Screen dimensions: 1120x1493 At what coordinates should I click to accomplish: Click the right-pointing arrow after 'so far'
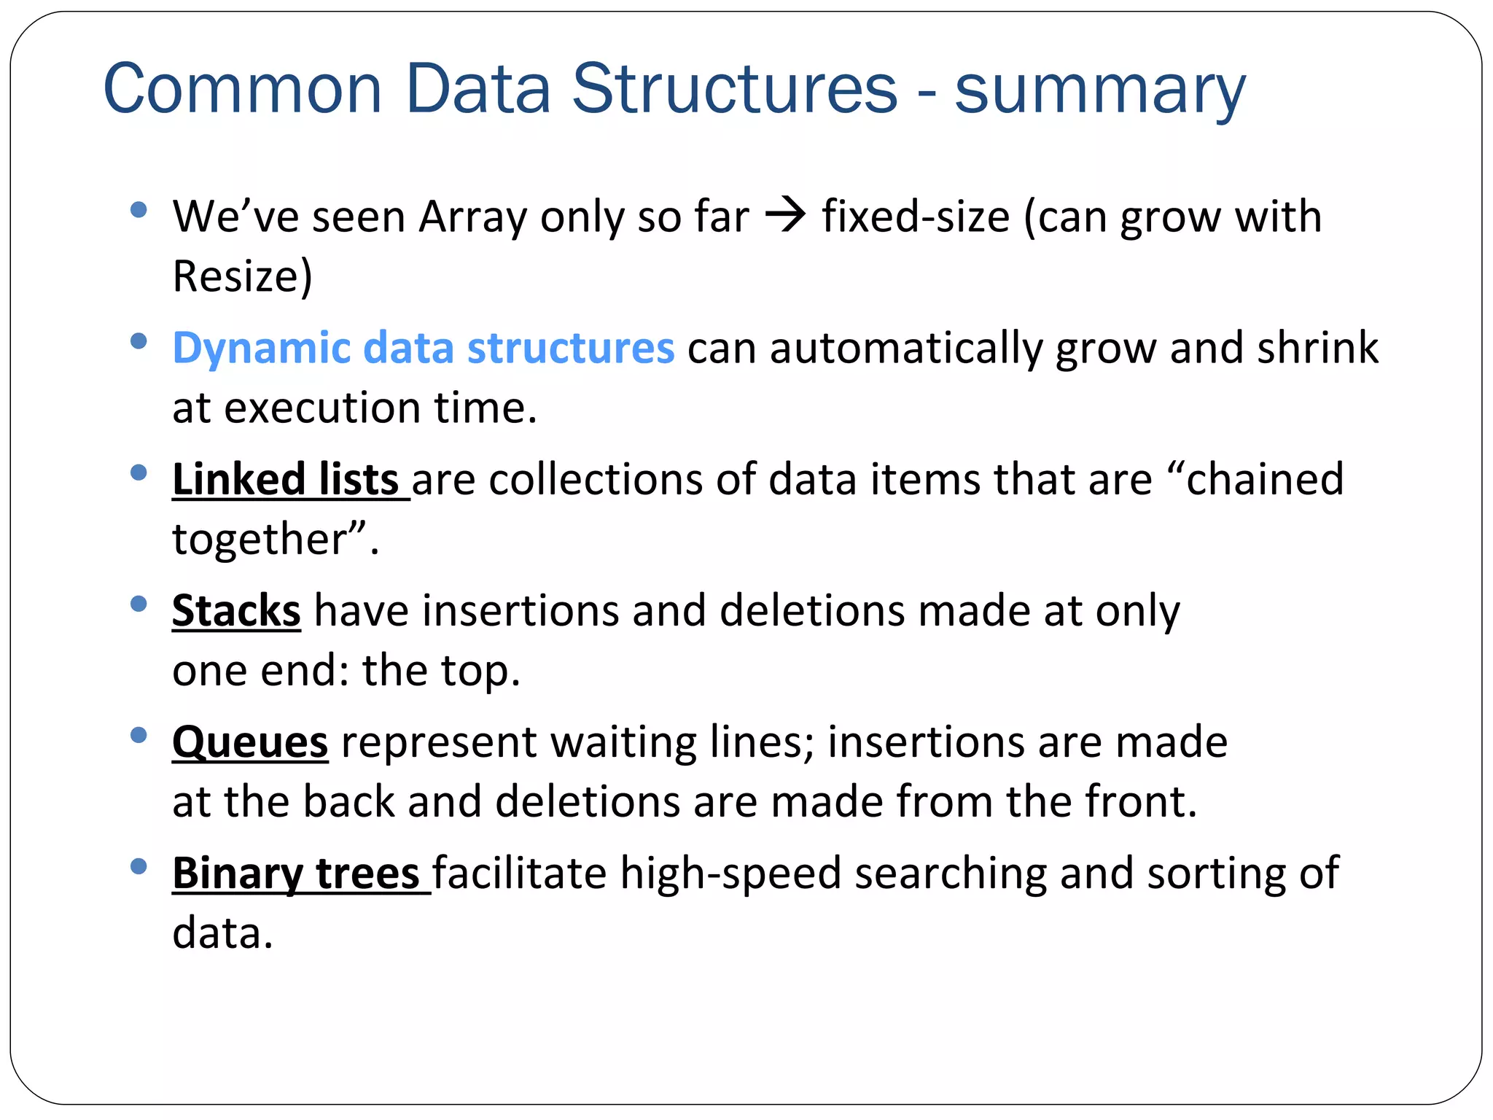pyautogui.click(x=785, y=216)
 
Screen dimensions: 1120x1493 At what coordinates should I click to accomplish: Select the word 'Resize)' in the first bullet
pyautogui.click(x=242, y=276)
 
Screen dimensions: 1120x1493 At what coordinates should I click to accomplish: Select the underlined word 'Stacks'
pyautogui.click(x=236, y=610)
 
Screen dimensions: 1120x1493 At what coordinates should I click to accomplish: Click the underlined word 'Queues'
pyautogui.click(x=250, y=742)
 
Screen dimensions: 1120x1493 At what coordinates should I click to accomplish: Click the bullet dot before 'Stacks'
pyautogui.click(x=139, y=604)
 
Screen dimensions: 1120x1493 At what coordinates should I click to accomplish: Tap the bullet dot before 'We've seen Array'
pyautogui.click(x=139, y=210)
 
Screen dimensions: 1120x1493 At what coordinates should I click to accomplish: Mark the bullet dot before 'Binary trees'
pyautogui.click(x=139, y=866)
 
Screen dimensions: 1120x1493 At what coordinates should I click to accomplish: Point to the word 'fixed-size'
pyautogui.click(x=916, y=217)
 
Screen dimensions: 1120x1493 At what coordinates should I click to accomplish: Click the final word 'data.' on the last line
pyautogui.click(x=222, y=933)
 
